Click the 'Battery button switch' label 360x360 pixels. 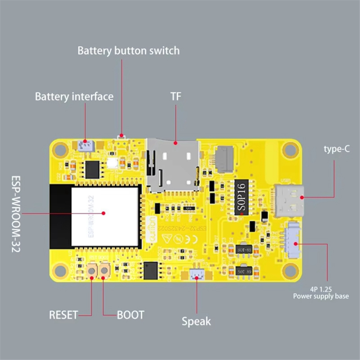click(x=128, y=50)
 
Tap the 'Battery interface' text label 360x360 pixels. click(x=74, y=97)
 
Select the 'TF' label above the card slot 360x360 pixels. click(x=176, y=97)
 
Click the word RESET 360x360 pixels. click(x=64, y=315)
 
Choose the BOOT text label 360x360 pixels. click(x=131, y=315)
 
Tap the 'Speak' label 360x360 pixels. click(x=196, y=321)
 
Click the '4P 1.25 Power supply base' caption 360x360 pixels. click(x=321, y=293)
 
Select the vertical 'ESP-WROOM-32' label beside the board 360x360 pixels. click(x=16, y=215)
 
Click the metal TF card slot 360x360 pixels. click(x=173, y=165)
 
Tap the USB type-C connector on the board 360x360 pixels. click(x=290, y=201)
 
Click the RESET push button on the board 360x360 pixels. click(x=91, y=270)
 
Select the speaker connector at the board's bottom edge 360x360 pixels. click(x=196, y=275)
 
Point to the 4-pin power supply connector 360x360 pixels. click(x=293, y=240)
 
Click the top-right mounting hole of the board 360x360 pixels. click(x=291, y=149)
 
